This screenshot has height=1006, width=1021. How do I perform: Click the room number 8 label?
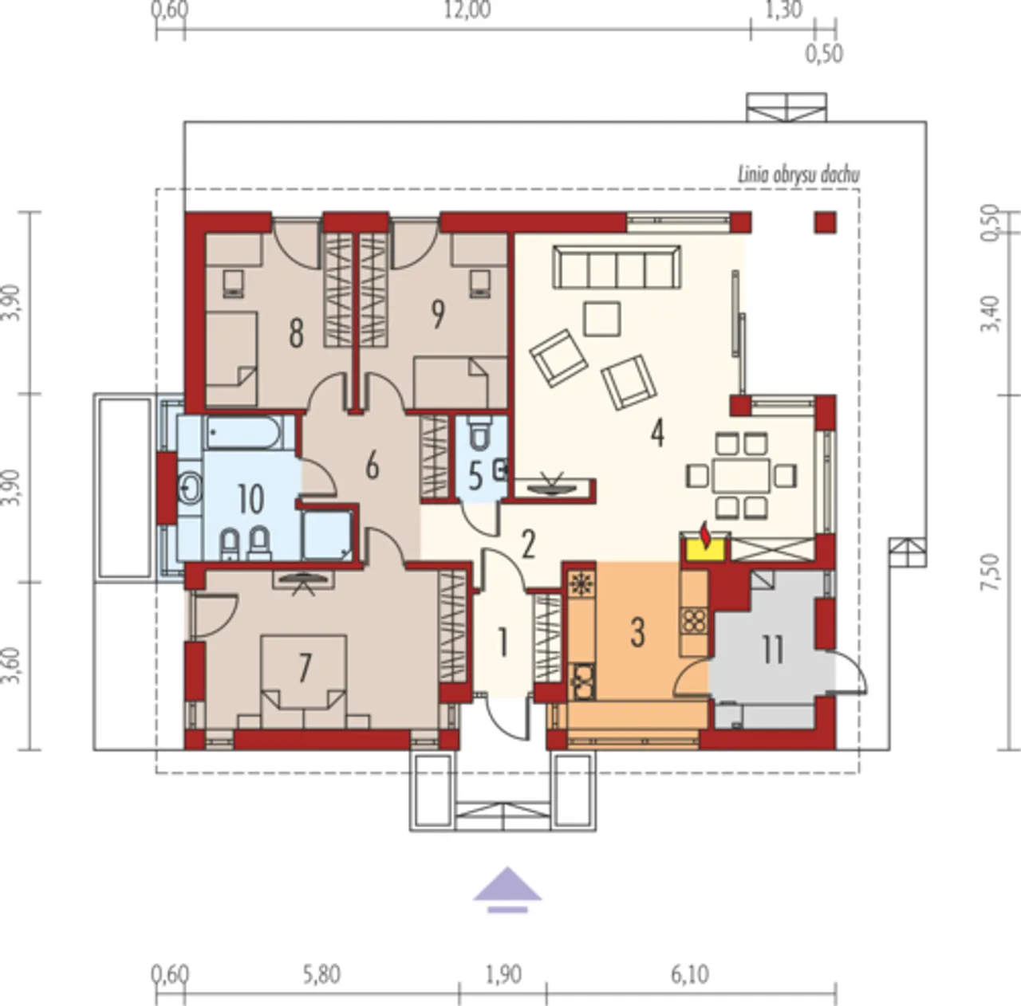(297, 333)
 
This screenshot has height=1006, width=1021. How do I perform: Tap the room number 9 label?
(438, 314)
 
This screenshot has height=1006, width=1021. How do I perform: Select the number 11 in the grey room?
(772, 650)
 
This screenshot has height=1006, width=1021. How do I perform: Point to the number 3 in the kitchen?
(638, 632)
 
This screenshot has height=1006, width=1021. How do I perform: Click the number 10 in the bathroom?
(250, 499)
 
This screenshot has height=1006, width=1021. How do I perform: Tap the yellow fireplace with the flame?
(705, 547)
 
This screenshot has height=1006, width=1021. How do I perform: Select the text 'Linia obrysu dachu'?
(799, 175)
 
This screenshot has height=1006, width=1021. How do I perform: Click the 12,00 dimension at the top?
(467, 10)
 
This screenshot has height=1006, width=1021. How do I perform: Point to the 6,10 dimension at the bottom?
(691, 975)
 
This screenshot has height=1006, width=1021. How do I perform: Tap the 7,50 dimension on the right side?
(991, 572)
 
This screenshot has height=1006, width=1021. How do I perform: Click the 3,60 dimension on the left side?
(12, 666)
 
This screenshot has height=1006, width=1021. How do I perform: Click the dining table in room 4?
(741, 475)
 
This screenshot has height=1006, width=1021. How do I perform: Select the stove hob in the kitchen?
(693, 621)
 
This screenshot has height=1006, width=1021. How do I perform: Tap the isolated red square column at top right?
(826, 222)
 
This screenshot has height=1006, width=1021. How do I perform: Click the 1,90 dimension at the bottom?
(503, 975)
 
